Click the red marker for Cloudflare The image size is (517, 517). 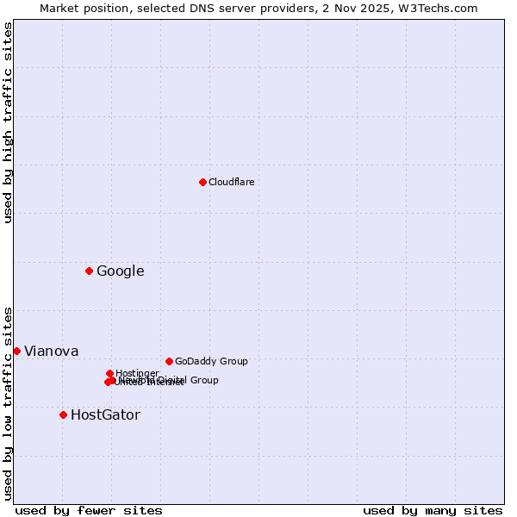coord(202,182)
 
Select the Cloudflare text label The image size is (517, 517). coord(231,183)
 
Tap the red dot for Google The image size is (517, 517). coord(89,271)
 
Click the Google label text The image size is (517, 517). coord(120,271)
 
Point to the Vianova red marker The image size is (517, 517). coord(16,351)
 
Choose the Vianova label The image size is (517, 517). coord(51,352)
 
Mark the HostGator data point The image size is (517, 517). coord(63,414)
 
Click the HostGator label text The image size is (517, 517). coord(105,415)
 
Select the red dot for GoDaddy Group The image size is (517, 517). coord(169,361)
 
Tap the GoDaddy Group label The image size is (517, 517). coord(210,362)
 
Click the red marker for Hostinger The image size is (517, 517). coord(109,373)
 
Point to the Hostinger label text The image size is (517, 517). coord(137,374)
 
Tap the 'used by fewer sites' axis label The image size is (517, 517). coord(89,510)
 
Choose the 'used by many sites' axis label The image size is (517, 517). coord(433,510)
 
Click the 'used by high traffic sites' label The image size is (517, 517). coord(8,122)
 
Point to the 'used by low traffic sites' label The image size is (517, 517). coord(8,403)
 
